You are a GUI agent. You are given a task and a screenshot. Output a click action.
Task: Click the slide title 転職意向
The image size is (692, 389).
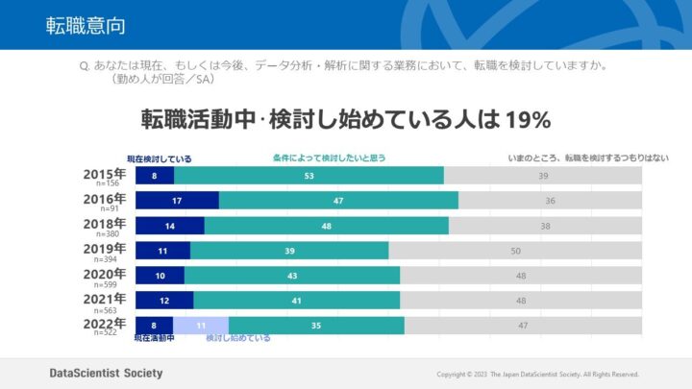point(86,25)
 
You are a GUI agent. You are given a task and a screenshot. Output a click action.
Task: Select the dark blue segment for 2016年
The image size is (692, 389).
point(177,201)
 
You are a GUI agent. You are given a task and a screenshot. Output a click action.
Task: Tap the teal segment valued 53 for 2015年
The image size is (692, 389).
point(309,176)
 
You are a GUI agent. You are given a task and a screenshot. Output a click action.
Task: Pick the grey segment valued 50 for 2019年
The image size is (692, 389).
point(515,251)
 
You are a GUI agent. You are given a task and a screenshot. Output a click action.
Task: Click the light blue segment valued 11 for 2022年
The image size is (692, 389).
point(201,326)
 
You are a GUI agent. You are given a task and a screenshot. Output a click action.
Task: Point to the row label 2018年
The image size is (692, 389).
point(105,223)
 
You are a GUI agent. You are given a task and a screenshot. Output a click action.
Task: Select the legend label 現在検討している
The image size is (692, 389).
point(160,158)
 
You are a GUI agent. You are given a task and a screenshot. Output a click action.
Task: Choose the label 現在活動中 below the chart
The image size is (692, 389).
point(154,338)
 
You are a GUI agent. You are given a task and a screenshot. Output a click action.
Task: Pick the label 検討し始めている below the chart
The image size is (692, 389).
point(237,338)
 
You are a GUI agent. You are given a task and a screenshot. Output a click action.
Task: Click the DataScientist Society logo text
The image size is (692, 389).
point(107,373)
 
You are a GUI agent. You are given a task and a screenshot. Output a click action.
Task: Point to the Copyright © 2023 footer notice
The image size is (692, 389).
point(537,374)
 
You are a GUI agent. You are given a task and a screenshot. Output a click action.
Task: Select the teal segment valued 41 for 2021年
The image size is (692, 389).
point(297,301)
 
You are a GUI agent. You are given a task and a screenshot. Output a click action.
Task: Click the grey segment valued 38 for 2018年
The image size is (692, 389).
point(545,226)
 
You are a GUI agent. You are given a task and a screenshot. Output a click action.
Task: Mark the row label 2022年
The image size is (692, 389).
point(105,323)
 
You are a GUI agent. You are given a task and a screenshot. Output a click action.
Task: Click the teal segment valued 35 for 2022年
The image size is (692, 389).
point(316,326)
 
